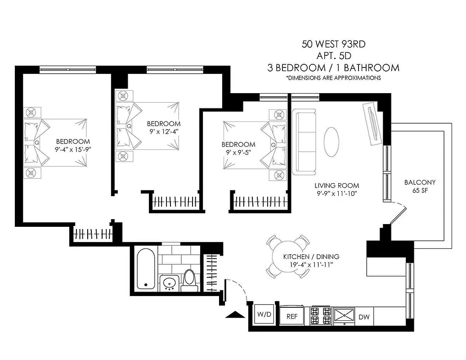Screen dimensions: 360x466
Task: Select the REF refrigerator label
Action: point(292,316)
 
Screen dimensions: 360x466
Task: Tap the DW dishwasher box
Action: point(364,317)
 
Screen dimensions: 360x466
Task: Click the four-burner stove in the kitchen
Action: point(321,316)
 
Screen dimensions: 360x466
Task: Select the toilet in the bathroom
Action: point(189,278)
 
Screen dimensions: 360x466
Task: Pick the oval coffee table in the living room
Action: point(332,141)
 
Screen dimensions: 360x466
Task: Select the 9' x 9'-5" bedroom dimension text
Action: point(238,152)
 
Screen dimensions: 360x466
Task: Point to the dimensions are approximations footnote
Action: point(333,78)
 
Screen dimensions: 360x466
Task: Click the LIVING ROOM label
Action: point(336,185)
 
